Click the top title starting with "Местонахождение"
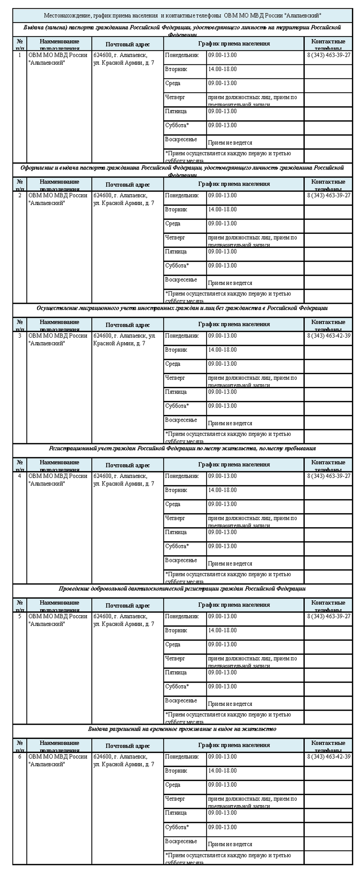pyautogui.click(x=182, y=15)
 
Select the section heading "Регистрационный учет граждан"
pyautogui.click(x=182, y=448)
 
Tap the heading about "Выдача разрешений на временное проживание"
pyautogui.click(x=182, y=729)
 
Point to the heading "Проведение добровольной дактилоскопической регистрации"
pyautogui.click(x=182, y=588)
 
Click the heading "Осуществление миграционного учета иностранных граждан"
pyautogui.click(x=182, y=308)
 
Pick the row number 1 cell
pyautogui.click(x=20, y=55)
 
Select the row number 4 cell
pyautogui.click(x=20, y=476)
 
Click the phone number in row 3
pyautogui.click(x=328, y=336)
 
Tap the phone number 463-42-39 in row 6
pyautogui.click(x=328, y=756)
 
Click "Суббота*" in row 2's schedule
pyautogui.click(x=177, y=266)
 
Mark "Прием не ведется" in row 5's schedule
pyautogui.click(x=230, y=704)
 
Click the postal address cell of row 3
pyautogui.click(x=124, y=339)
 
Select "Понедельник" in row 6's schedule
pyautogui.click(x=182, y=756)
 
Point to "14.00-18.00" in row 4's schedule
pyautogui.click(x=222, y=490)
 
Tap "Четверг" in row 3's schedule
pyautogui.click(x=175, y=378)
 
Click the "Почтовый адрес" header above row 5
pyautogui.click(x=128, y=606)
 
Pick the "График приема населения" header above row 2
pyautogui.click(x=234, y=184)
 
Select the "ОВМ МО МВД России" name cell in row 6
pyautogui.click(x=58, y=760)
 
